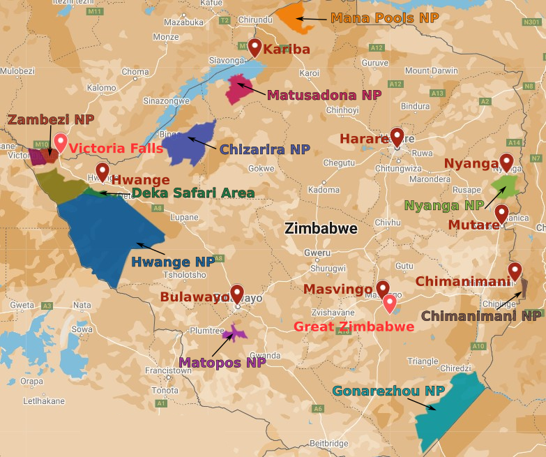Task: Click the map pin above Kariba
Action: point(255,47)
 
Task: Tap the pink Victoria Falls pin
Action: point(61,142)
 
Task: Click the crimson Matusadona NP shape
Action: point(239,90)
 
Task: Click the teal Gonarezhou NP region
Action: point(447,405)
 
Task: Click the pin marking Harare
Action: point(397,136)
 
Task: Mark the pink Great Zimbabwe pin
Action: point(390,304)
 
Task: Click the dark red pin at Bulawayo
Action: point(237,293)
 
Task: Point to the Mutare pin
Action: point(501,212)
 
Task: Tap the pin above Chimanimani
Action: point(515,271)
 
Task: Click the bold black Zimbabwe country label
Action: point(321,229)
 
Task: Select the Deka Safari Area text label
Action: point(192,193)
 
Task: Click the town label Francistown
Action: point(168,371)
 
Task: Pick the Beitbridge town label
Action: point(328,443)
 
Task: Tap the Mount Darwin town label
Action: point(432,70)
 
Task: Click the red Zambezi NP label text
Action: point(50,120)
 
